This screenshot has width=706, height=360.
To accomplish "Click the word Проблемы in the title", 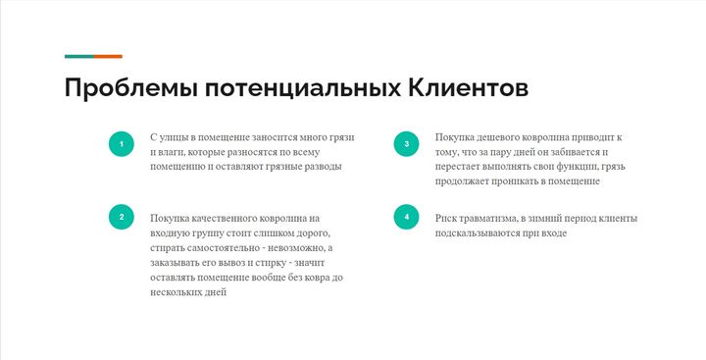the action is tap(131, 88).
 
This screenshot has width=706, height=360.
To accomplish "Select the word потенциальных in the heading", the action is tap(303, 88).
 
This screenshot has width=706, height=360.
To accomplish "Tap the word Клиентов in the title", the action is tap(469, 88).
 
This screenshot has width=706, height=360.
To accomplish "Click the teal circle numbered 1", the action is tap(122, 144).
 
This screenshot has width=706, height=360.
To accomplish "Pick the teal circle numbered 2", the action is tap(122, 217).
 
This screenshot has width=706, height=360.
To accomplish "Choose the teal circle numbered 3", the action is tap(406, 144).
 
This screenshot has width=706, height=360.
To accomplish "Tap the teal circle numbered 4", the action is tap(406, 217).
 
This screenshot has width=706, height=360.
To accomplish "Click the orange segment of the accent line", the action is tap(108, 56).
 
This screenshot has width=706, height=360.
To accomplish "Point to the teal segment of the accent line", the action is tap(79, 56).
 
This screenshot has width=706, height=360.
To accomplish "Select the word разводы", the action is tap(324, 167).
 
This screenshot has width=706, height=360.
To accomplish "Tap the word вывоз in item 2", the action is tap(231, 263).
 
